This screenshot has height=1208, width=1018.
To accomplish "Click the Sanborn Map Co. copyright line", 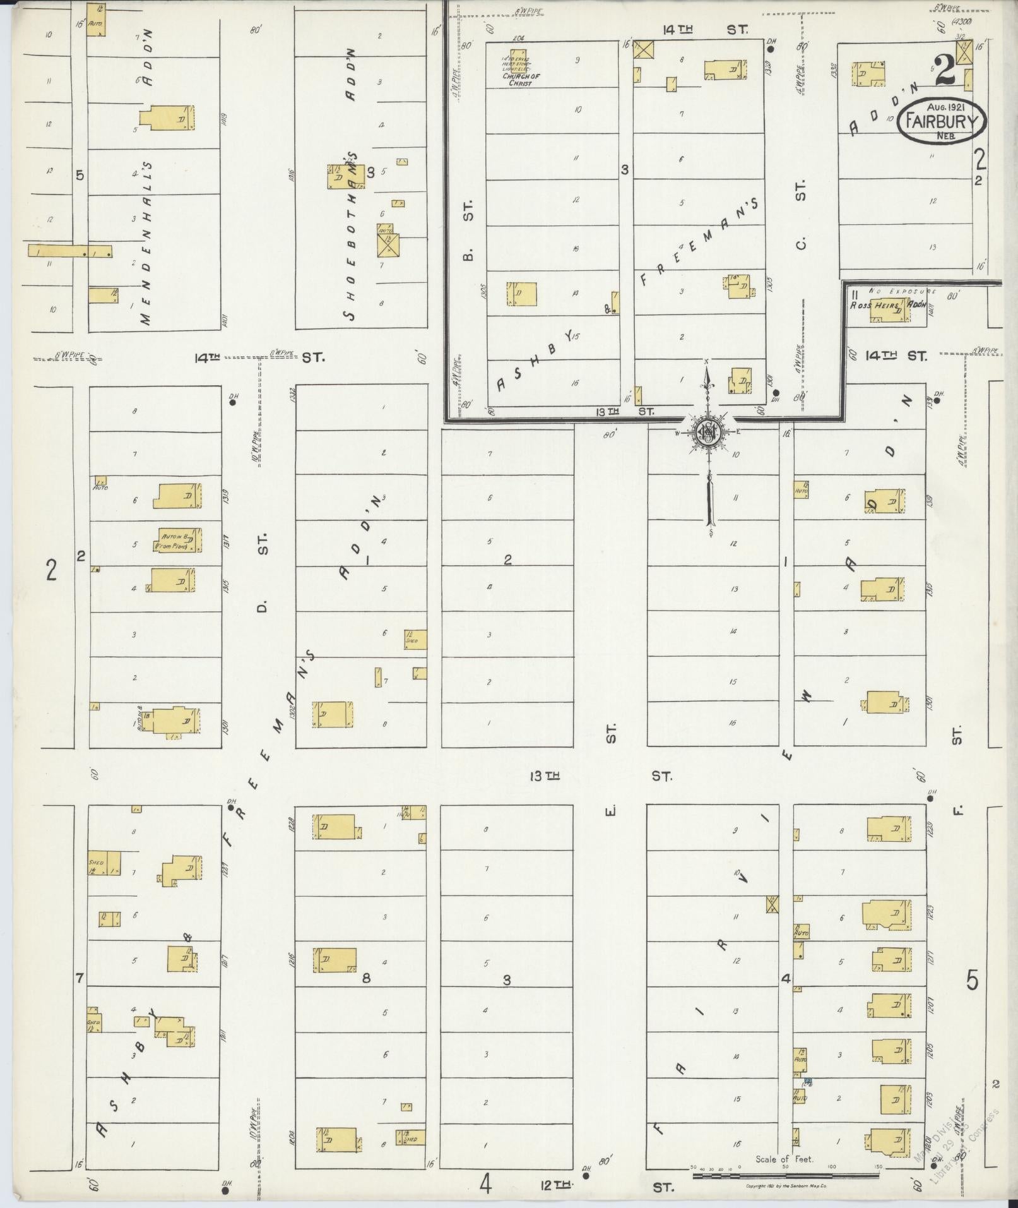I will coord(786,1187).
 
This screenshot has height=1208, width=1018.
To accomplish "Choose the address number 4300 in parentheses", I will coord(962,21).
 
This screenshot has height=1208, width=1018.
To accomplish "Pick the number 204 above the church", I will coord(519,38).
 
